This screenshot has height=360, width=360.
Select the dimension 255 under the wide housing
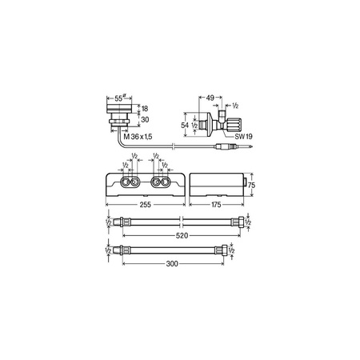pyautogui.click(x=144, y=205)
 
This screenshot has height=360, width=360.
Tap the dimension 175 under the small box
pyautogui.click(x=217, y=205)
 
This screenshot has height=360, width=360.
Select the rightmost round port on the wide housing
pyautogui.click(x=163, y=183)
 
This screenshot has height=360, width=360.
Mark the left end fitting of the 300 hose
pyautogui.click(x=122, y=250)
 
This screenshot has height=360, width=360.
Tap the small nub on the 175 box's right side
pyautogui.click(x=244, y=186)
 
